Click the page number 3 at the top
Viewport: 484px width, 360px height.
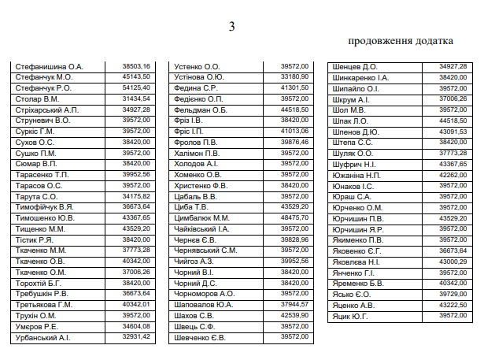tap(231, 28)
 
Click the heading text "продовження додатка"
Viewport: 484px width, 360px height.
tap(400, 40)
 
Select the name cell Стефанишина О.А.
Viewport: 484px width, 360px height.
tap(49, 67)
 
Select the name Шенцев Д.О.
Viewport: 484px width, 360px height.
tap(355, 67)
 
